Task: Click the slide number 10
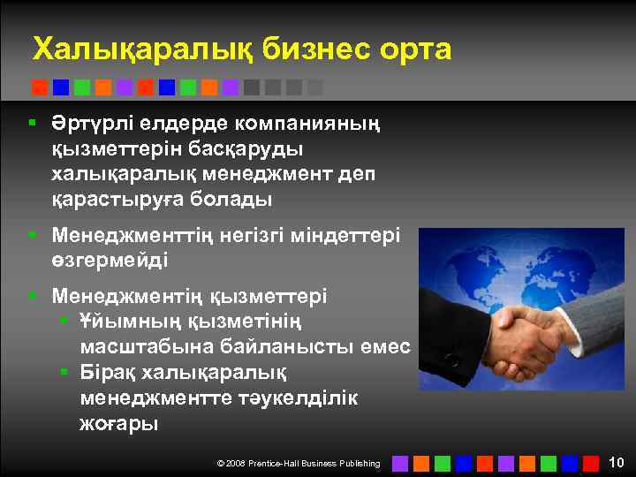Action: click(x=617, y=462)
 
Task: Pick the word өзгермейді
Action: click(x=110, y=261)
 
